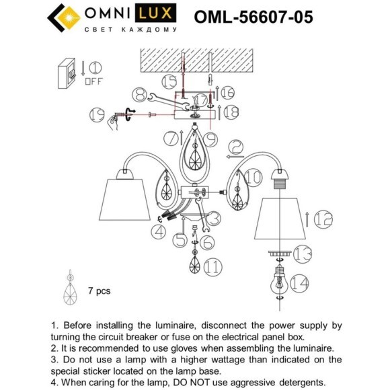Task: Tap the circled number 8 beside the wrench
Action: coord(140,95)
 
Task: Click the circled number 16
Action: coord(227,91)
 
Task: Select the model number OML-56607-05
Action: coord(253,17)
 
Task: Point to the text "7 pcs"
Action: coord(99,292)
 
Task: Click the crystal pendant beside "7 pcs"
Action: coord(70,290)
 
